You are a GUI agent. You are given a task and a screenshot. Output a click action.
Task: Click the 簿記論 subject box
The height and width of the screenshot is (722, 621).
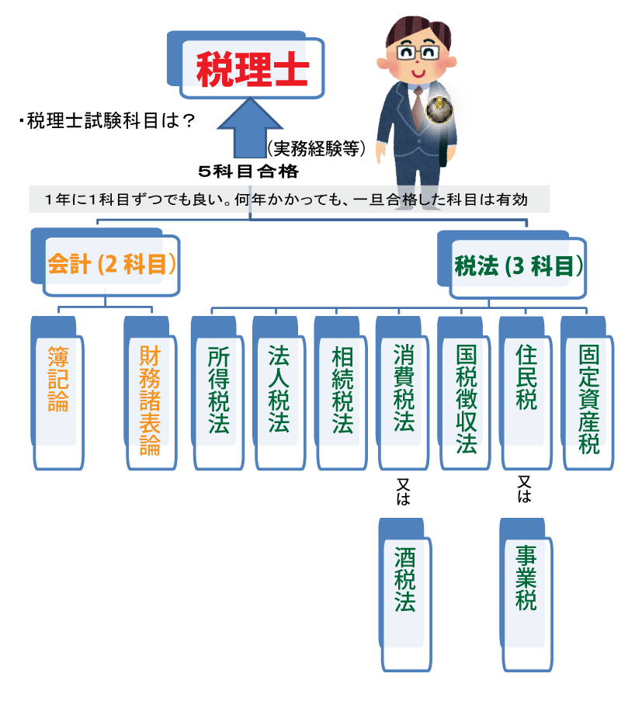(59, 391)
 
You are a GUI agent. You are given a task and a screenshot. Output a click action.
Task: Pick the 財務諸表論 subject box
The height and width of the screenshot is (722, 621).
(149, 396)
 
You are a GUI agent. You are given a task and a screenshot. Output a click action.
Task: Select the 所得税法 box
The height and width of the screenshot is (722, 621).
(217, 392)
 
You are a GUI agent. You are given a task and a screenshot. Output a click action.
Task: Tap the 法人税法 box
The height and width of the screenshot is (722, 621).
(279, 392)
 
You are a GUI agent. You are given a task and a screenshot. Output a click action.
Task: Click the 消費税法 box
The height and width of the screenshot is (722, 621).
(403, 392)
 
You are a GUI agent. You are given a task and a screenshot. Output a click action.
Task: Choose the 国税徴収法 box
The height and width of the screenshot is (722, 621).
(465, 392)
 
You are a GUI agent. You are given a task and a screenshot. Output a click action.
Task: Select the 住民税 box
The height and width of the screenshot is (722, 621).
(526, 392)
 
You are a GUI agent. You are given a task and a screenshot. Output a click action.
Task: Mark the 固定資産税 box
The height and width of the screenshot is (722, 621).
(588, 392)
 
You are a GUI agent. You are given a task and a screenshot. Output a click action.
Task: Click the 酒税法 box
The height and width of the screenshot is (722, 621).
(404, 594)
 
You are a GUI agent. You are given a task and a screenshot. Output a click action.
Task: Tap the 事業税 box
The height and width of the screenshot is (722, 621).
(526, 594)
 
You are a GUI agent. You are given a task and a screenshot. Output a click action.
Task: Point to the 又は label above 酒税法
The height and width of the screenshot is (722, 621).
(403, 492)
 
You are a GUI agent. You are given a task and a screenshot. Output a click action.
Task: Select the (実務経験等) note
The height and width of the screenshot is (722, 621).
(316, 148)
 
